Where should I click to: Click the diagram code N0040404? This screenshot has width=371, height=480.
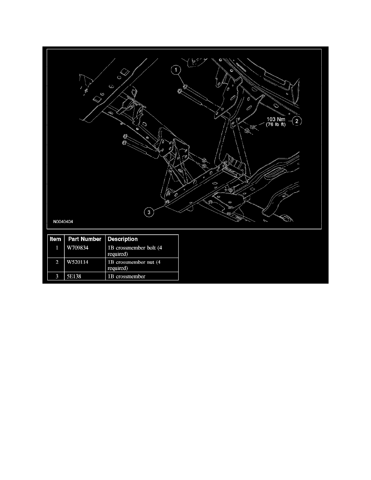coord(63,221)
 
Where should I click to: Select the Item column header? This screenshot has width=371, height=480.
coord(55,239)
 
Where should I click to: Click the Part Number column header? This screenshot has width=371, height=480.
coord(85,239)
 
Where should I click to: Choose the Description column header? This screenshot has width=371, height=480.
coord(122,239)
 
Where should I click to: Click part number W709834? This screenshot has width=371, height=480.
coord(78,248)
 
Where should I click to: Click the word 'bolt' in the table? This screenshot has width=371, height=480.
coord(149,248)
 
